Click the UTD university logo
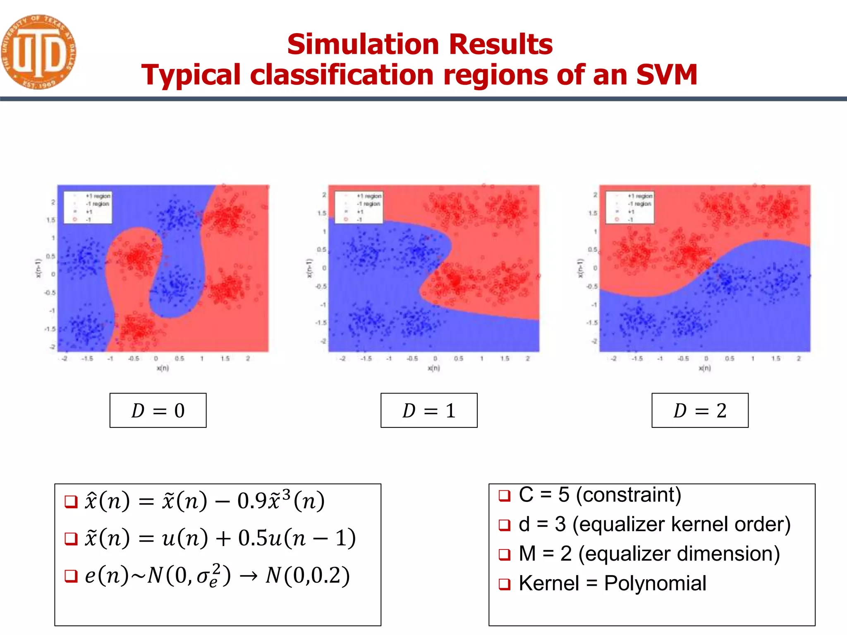[38, 52]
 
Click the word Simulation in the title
[363, 44]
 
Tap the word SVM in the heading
[666, 75]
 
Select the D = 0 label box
[158, 410]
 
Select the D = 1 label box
[429, 410]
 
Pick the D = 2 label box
[700, 410]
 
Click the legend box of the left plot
[88, 208]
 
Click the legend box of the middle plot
[359, 208]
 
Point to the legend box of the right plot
[629, 208]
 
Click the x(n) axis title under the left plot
[163, 368]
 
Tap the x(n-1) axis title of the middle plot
[309, 268]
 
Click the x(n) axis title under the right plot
[705, 368]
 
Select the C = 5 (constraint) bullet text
[600, 495]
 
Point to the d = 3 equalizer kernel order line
[654, 524]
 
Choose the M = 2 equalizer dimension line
[649, 554]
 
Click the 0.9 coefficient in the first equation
[252, 501]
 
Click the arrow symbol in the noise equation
[249, 576]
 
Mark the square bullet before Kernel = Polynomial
[504, 584]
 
